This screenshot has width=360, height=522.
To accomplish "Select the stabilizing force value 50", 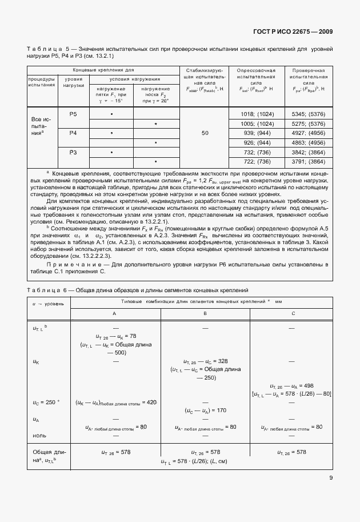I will (x=204, y=133).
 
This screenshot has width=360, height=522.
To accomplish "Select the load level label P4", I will (x=73, y=133).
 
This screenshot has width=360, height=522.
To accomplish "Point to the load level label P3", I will (x=73, y=153).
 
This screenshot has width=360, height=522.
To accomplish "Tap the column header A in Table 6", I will (x=115, y=314).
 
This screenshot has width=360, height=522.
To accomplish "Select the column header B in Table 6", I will (x=205, y=314).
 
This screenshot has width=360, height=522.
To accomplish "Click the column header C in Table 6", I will (x=293, y=314).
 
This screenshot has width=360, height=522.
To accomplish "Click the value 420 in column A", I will (x=151, y=403).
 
